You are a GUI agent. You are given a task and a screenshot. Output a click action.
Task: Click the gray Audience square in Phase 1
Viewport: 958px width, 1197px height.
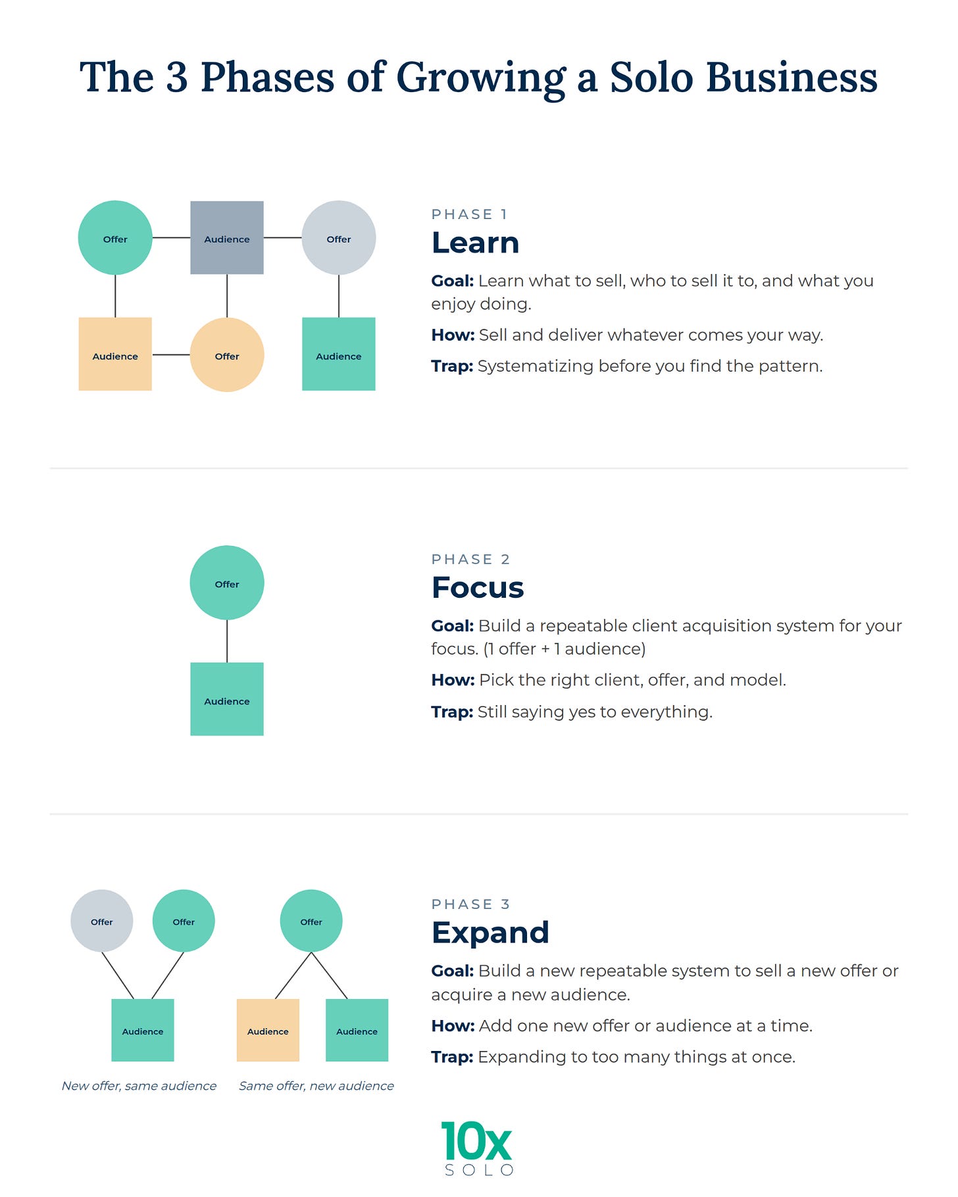[227, 237]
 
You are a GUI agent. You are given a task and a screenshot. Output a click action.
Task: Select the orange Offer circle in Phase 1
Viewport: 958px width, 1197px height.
[227, 355]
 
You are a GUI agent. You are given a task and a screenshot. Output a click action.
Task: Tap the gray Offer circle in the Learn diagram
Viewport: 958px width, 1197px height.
[339, 237]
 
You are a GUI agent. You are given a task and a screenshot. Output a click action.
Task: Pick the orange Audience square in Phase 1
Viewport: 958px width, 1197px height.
[115, 354]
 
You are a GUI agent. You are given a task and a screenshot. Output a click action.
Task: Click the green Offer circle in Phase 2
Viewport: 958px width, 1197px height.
[227, 583]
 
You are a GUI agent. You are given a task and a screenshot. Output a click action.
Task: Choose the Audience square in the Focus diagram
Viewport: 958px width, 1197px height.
[227, 699]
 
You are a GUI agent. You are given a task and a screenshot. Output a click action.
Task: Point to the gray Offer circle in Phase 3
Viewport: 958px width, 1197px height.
[102, 921]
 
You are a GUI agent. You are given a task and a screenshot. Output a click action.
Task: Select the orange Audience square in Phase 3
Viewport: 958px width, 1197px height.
[268, 1031]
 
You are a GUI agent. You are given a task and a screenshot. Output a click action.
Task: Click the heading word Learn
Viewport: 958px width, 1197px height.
[476, 243]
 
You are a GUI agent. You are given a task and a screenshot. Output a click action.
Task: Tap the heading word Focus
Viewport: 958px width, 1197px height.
[478, 587]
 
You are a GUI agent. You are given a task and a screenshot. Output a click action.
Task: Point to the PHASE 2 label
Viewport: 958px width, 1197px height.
[471, 559]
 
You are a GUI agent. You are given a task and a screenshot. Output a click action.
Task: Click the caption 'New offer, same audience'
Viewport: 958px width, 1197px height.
[139, 1086]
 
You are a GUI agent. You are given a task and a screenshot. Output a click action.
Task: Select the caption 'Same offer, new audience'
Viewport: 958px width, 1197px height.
[316, 1086]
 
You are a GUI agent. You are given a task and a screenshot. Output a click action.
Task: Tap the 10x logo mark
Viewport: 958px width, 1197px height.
[476, 1142]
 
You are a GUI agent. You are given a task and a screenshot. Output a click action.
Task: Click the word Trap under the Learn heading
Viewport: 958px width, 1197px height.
[452, 366]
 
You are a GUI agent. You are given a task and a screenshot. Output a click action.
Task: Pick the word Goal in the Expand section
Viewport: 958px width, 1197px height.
[453, 971]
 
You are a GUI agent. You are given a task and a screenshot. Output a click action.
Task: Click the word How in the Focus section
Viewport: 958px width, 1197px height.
[453, 680]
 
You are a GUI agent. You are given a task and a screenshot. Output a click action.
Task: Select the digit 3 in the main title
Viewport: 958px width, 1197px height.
[177, 78]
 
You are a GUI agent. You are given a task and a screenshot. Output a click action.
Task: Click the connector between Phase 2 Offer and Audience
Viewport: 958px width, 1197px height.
[227, 641]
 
